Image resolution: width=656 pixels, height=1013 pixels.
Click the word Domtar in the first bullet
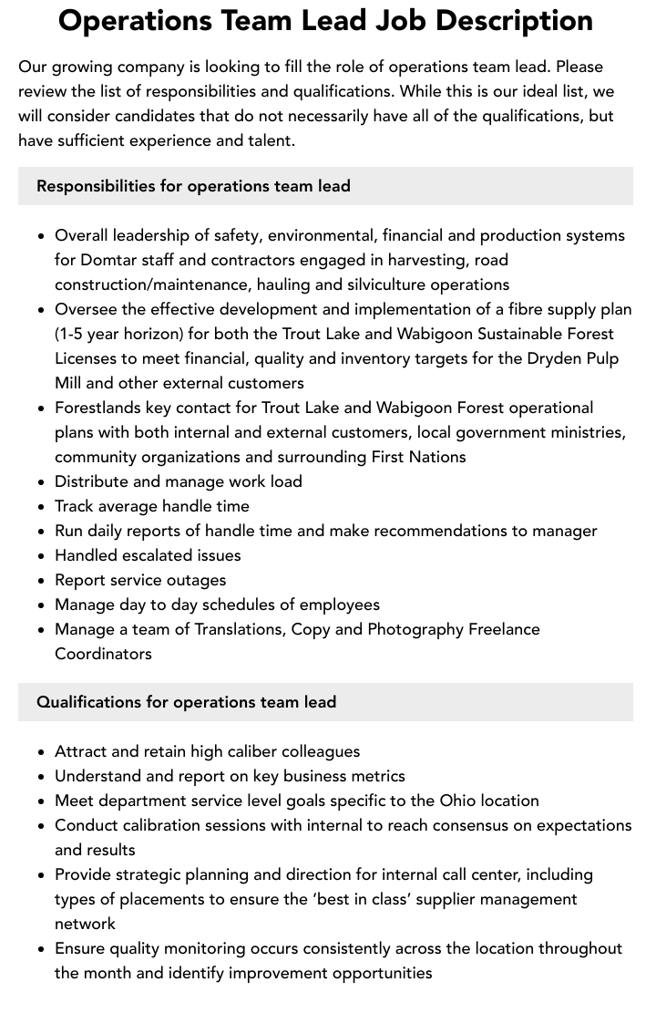(110, 260)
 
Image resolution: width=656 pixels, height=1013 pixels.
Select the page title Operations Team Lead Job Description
(325, 20)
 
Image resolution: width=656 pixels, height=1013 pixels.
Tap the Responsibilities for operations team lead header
(193, 186)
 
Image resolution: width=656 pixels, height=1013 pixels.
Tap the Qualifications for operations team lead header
(186, 702)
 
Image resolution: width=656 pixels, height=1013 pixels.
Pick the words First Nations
(418, 457)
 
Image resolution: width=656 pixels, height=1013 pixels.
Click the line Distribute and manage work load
(178, 481)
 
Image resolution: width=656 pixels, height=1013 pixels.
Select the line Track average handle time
(151, 506)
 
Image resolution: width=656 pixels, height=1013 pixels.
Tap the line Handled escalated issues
(148, 555)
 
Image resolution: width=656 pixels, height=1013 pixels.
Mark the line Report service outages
(140, 580)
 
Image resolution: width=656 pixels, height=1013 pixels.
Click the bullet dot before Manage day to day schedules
(41, 605)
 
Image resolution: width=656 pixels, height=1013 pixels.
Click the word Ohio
(457, 801)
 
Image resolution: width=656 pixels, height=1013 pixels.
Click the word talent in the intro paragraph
(268, 140)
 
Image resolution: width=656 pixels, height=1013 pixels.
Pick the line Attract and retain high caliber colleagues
(207, 751)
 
